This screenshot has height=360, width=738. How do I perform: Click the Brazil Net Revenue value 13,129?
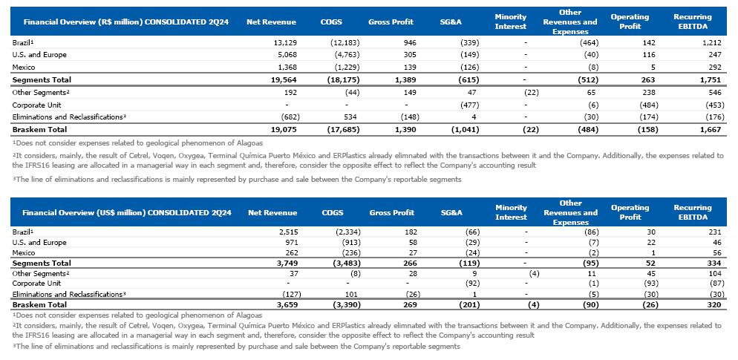click(285, 42)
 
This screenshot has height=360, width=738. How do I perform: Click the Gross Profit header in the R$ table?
click(391, 22)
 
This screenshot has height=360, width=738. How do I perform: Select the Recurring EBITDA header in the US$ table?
click(692, 212)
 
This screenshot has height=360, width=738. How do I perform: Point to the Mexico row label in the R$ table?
click(25, 67)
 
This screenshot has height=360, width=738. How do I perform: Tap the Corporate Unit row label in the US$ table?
click(36, 283)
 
